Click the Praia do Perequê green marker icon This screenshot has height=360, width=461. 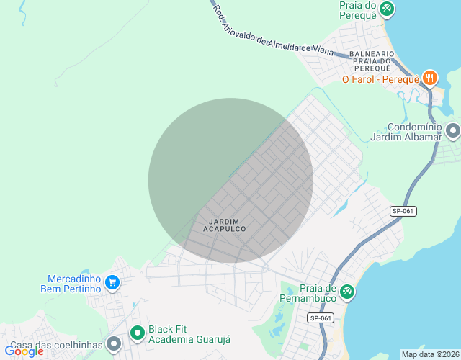[387, 8]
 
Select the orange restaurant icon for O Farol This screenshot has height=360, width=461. [430, 78]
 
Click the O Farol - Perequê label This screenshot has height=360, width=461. [380, 79]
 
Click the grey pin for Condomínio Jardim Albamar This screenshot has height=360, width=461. [452, 130]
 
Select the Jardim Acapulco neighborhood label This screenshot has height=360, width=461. [225, 225]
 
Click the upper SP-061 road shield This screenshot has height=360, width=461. [403, 211]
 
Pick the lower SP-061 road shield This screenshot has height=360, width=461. [321, 318]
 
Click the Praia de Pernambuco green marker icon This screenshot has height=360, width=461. [346, 290]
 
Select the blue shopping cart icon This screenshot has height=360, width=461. [112, 282]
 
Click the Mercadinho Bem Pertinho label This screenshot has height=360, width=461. [73, 284]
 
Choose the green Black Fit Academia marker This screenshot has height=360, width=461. [137, 333]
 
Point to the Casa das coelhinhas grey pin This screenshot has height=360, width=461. [113, 345]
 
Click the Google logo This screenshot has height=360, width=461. [24, 351]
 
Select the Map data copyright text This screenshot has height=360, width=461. [429, 354]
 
